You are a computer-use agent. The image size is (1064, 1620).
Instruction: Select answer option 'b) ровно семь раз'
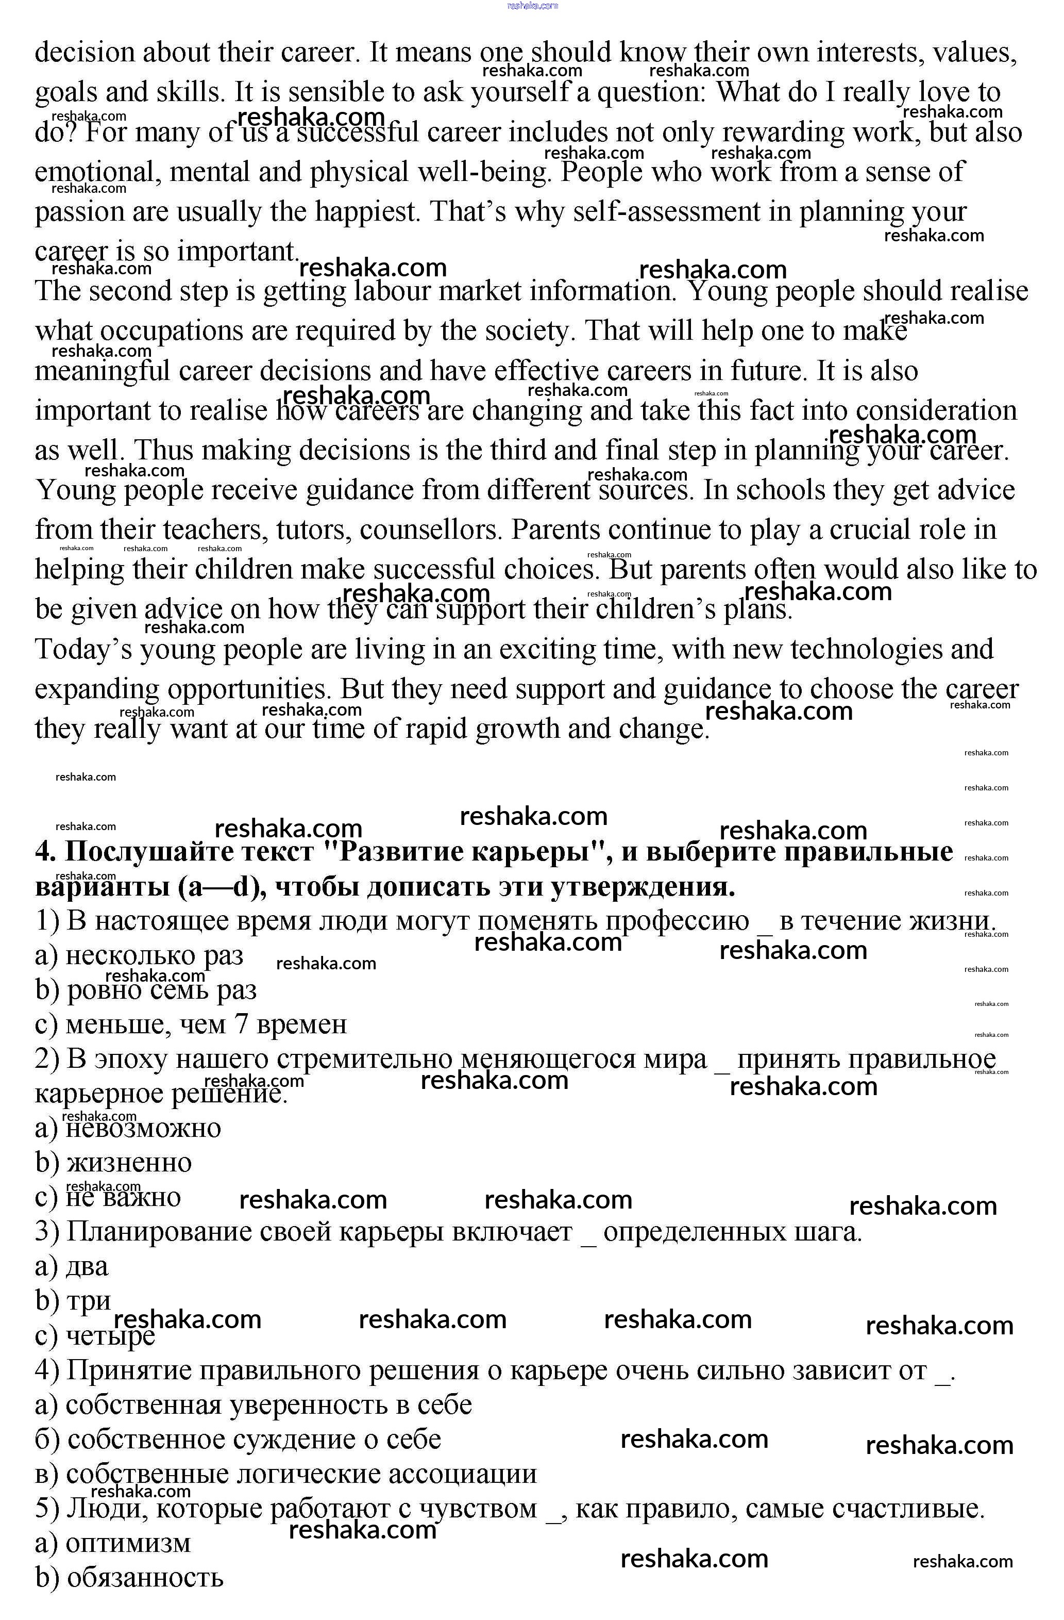[x=146, y=990]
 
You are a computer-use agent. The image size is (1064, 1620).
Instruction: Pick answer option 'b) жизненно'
[x=113, y=1163]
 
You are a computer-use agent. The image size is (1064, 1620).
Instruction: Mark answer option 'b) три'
[x=73, y=1301]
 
